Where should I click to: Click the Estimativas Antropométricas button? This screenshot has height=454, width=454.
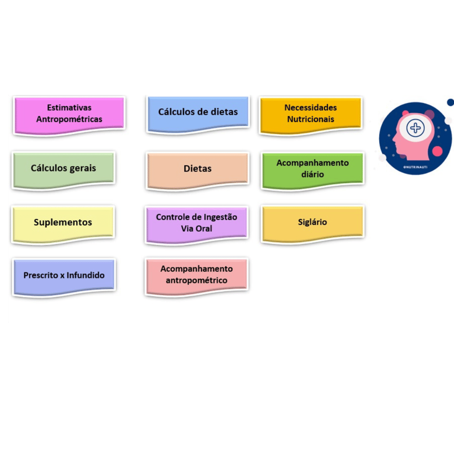pos(69,114)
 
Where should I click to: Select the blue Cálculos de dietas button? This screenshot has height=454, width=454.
pos(198,113)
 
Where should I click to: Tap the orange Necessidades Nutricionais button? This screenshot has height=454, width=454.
pos(310,113)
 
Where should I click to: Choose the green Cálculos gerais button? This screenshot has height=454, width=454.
pos(63,168)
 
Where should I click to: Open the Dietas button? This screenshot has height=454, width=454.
pos(197,169)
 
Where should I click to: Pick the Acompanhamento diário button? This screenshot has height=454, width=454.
pos(313,169)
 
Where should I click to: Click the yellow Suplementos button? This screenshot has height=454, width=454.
pos(63,223)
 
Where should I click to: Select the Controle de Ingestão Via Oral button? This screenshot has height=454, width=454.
pos(196,223)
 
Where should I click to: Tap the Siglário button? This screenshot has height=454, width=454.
pos(313,222)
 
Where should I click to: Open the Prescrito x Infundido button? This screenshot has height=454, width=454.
pos(64,275)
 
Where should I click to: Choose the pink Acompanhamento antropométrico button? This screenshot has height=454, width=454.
pos(196,275)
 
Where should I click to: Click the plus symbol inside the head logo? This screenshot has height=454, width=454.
pos(415,128)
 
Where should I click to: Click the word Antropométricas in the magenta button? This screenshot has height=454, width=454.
pos(69,119)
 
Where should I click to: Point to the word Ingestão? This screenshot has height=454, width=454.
pos(220,217)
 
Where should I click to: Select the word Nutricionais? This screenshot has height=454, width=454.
pos(310,119)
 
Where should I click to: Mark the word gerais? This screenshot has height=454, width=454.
pos(82,168)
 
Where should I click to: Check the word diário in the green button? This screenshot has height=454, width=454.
pos(313,174)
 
